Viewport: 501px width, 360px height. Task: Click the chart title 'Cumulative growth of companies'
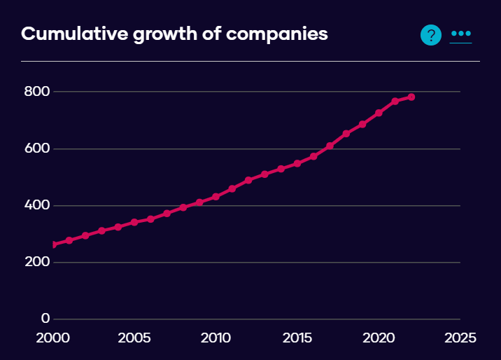(174, 34)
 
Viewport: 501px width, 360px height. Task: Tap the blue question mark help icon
(431, 34)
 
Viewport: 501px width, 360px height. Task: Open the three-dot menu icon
(461, 34)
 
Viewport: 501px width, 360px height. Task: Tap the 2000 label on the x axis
(53, 338)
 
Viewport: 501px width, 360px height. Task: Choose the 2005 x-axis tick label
(134, 338)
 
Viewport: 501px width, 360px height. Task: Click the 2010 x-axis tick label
(216, 338)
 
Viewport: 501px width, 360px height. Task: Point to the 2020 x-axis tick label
(379, 338)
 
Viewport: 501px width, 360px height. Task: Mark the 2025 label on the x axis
(460, 338)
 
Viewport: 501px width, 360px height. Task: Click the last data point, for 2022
(411, 97)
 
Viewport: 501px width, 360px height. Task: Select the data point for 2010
(216, 197)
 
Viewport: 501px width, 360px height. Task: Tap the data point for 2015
(297, 163)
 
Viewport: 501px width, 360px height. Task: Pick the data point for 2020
(379, 113)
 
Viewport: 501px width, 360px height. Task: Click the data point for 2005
(134, 222)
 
